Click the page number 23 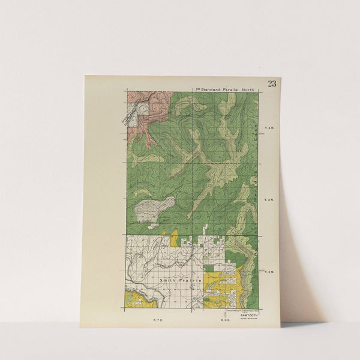coord(272,83)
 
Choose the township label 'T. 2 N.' coord(269,272)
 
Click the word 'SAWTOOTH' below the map coord(247,314)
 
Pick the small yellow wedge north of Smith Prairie coord(175,238)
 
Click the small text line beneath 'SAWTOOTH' coord(247,318)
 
